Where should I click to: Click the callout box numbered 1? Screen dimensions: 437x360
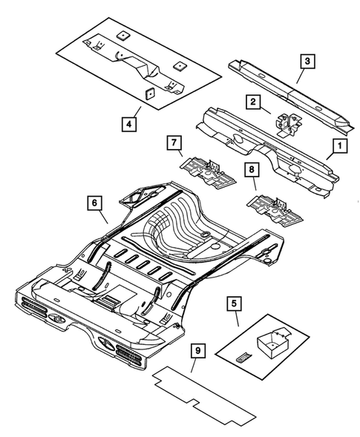(x=338, y=146)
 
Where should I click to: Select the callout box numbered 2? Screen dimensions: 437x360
(x=252, y=102)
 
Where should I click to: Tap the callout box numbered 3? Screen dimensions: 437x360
(x=307, y=59)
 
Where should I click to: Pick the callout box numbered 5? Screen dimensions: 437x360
(x=234, y=303)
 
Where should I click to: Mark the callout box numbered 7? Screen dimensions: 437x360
(x=174, y=142)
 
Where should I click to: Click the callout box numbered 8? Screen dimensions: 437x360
(x=252, y=171)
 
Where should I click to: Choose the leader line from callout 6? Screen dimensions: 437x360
(x=103, y=214)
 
